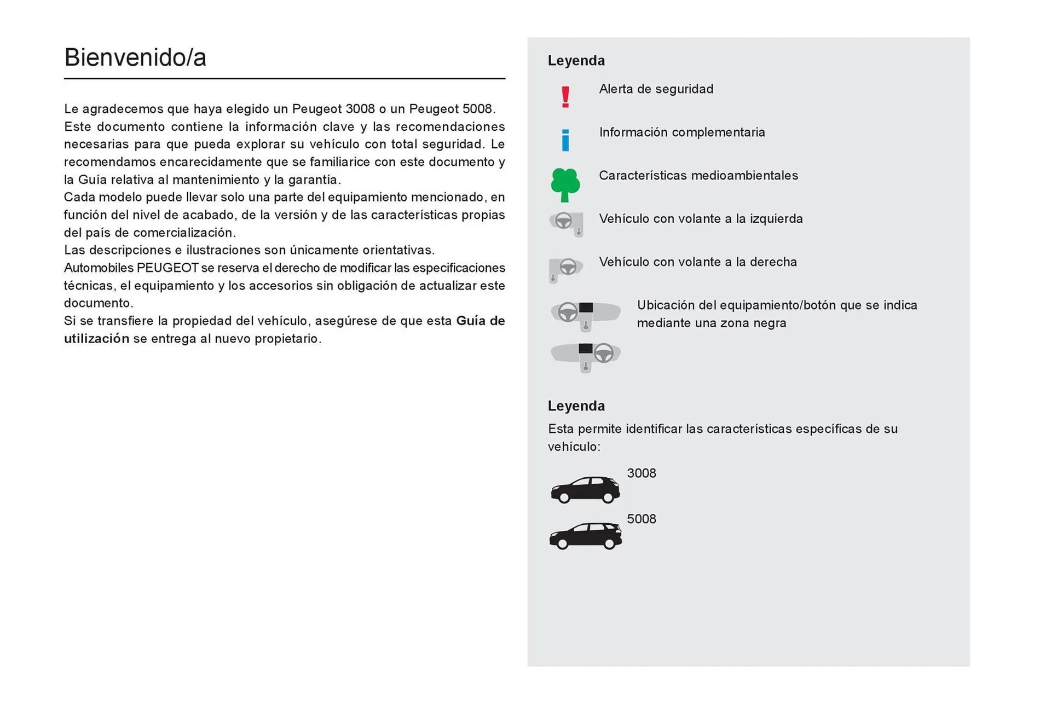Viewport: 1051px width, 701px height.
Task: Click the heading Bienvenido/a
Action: (x=135, y=57)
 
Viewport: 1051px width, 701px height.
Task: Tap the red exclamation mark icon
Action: (x=565, y=97)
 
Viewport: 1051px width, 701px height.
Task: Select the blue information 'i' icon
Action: (x=565, y=140)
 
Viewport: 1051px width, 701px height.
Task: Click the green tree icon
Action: (x=565, y=184)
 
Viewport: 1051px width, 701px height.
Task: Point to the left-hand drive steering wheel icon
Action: (x=566, y=223)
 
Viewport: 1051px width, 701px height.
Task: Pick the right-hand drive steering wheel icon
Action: (x=566, y=269)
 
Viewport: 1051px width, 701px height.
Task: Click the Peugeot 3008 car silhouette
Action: (x=585, y=489)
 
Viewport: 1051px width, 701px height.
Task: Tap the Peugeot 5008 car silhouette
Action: (x=585, y=536)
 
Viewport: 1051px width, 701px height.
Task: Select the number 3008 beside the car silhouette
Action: (x=641, y=473)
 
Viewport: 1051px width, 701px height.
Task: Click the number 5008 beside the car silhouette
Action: (x=641, y=519)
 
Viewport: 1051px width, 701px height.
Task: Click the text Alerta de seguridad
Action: (x=656, y=89)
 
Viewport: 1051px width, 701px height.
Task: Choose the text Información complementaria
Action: (x=682, y=132)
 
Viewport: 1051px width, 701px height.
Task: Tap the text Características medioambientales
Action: (x=698, y=176)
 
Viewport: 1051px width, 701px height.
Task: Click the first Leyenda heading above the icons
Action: (x=576, y=61)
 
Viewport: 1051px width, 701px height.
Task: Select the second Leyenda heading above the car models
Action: (x=576, y=406)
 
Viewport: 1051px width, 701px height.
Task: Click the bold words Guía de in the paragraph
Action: (x=480, y=321)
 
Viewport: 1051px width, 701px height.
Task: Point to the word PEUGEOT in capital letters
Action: (x=167, y=268)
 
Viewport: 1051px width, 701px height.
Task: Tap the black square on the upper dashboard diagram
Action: (x=586, y=308)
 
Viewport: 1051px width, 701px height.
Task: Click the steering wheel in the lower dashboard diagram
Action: (x=604, y=353)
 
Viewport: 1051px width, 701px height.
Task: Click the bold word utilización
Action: (x=96, y=339)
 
